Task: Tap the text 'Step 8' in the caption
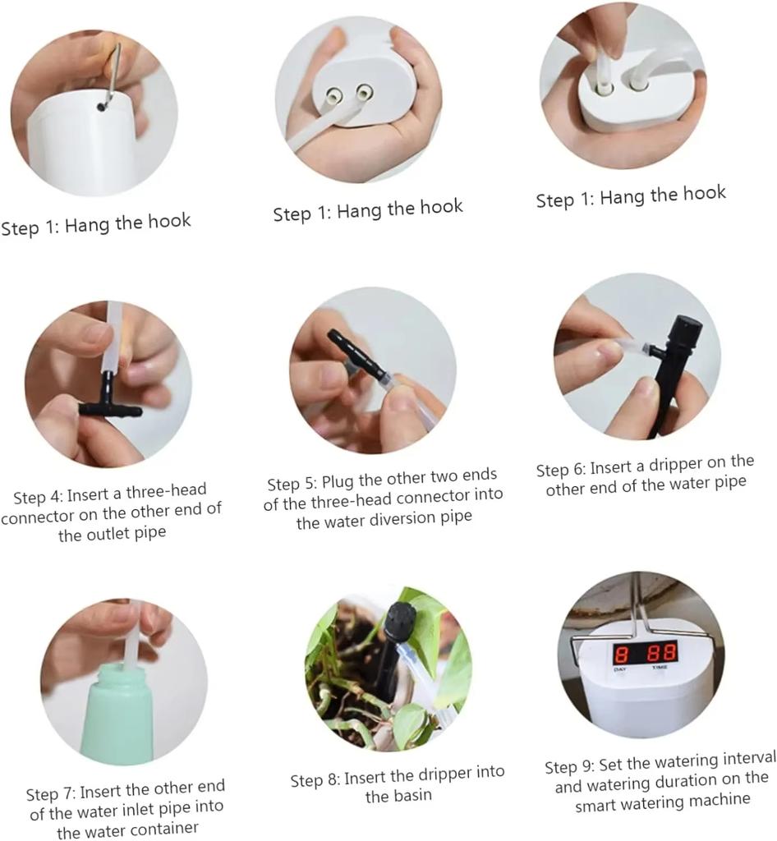coord(315,780)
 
